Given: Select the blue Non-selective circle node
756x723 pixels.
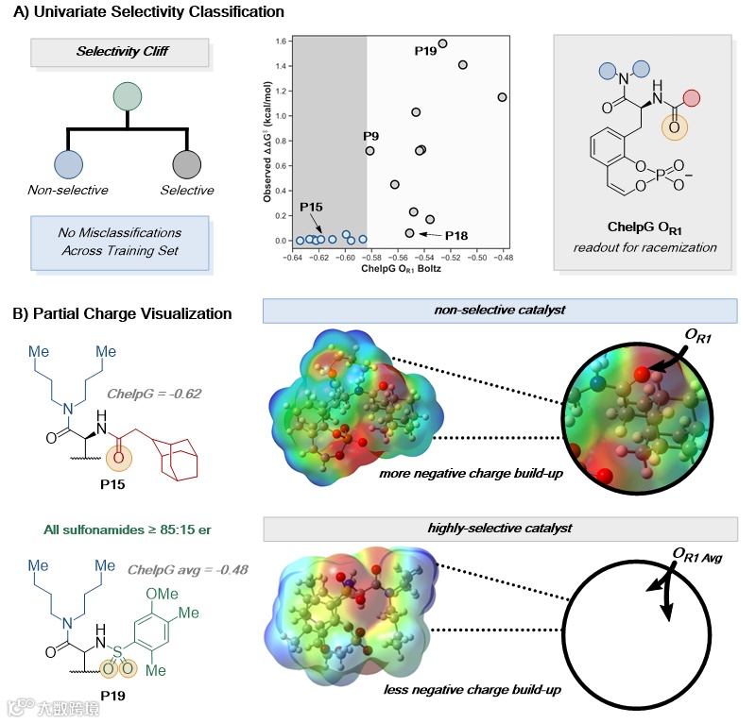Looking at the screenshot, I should (69, 164).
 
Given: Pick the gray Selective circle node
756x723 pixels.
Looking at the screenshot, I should (186, 164).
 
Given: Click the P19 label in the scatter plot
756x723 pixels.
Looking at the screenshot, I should (425, 50).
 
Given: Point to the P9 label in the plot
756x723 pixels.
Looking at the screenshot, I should (370, 137).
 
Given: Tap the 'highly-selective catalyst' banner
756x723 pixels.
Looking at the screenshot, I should (500, 529).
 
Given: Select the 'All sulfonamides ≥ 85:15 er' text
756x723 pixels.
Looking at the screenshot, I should (93, 531).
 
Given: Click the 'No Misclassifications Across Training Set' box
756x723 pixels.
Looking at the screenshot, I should (119, 241).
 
